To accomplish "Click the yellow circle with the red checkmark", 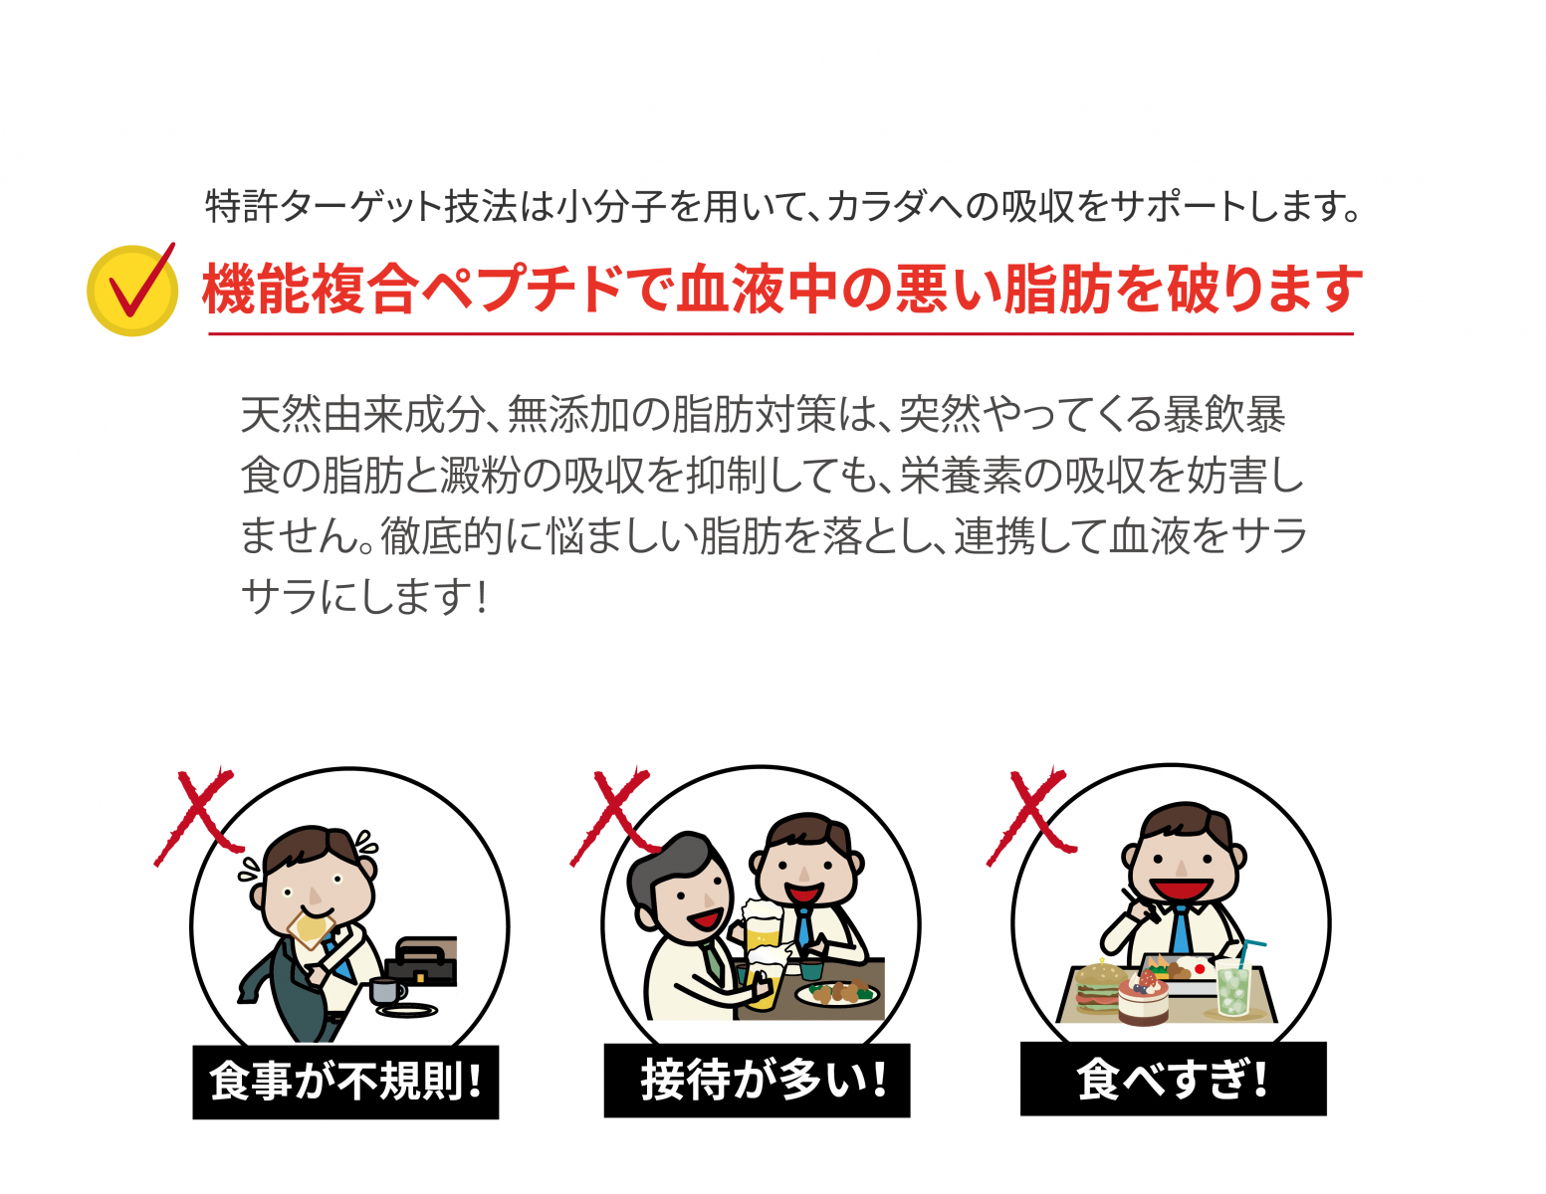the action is point(132,291).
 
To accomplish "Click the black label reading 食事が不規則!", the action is point(345,1082).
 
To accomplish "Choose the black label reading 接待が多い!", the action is point(757,1081).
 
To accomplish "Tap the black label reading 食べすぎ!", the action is point(1174,1079).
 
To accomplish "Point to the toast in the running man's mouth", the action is point(311,928).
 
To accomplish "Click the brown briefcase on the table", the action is point(422,960).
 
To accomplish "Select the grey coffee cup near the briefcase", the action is point(386,991).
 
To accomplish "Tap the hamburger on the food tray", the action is point(1099,987).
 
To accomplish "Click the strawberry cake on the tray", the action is point(1143,998).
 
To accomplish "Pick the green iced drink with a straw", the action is point(1233,980).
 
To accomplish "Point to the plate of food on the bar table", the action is point(837,992).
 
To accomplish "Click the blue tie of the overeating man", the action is point(1181,930).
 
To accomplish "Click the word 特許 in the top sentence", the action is point(241,206).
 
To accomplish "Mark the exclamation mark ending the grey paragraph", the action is point(483,596).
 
